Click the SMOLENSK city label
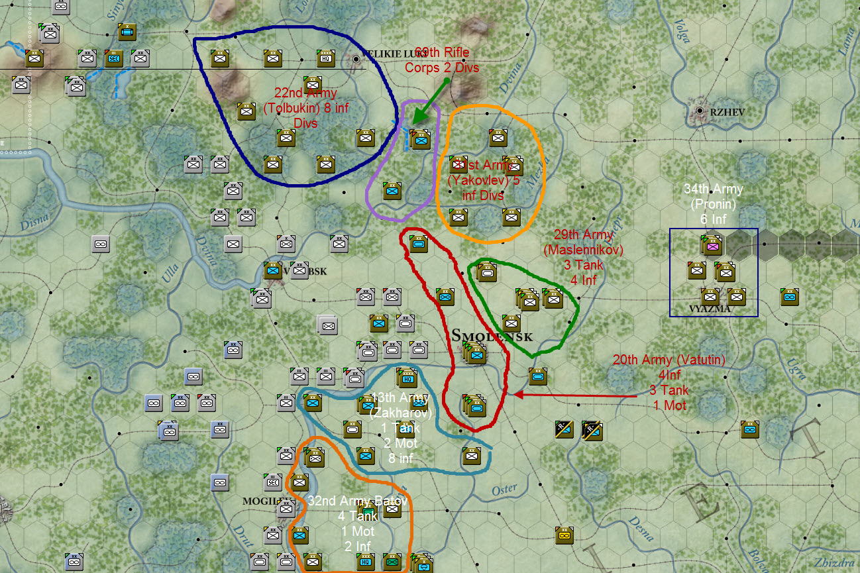tap(491, 336)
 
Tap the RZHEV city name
tap(727, 112)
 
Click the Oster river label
tap(504, 490)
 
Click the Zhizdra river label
tap(835, 562)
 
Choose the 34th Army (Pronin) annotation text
tap(713, 204)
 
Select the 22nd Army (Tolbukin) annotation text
tap(305, 108)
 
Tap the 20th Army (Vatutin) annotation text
tap(669, 383)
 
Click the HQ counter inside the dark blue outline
tap(325, 58)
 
